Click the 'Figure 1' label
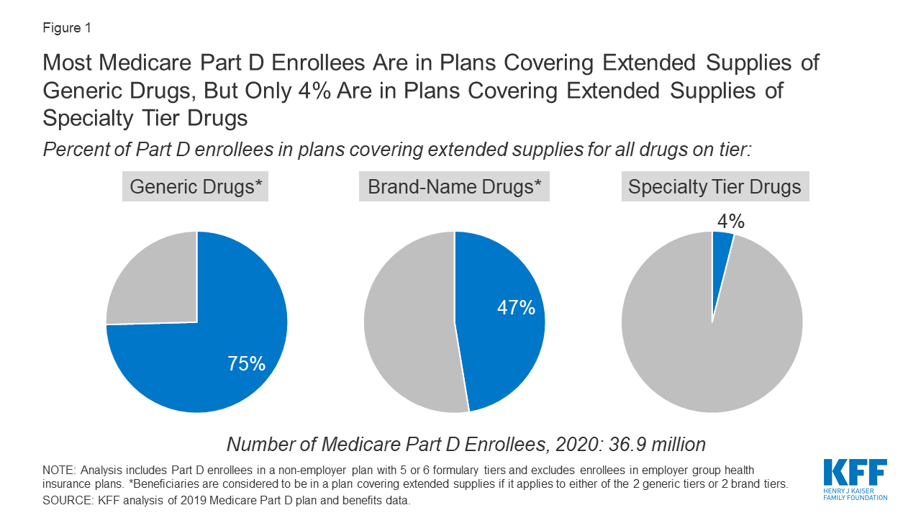coord(67,28)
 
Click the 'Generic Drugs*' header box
coord(195,187)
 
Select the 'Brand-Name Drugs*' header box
coord(454,187)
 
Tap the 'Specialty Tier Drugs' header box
coord(714,187)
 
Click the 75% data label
coord(246,364)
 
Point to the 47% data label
coord(516,308)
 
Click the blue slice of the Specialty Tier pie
coord(721,252)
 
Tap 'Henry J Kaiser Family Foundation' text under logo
coord(855,494)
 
